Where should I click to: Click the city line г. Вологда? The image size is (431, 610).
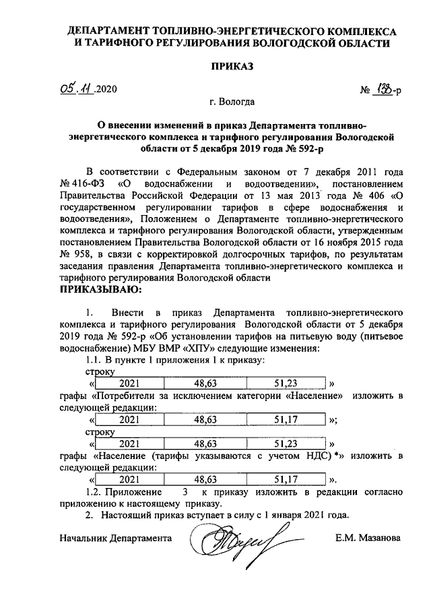[231, 103]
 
